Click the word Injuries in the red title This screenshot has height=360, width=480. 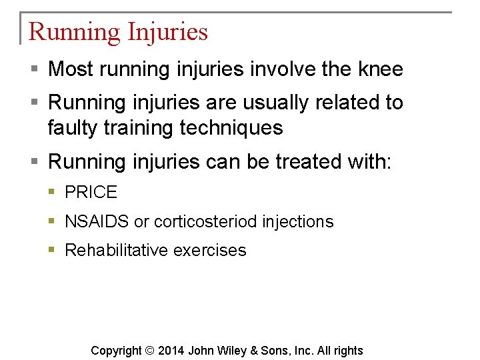[167, 32]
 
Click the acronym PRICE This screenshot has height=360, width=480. [91, 193]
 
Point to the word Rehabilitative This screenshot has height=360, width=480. [116, 250]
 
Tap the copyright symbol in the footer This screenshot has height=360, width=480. [149, 351]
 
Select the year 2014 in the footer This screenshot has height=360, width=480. [171, 351]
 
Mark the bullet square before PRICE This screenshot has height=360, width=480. [53, 193]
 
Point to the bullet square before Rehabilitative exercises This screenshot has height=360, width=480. [53, 250]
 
